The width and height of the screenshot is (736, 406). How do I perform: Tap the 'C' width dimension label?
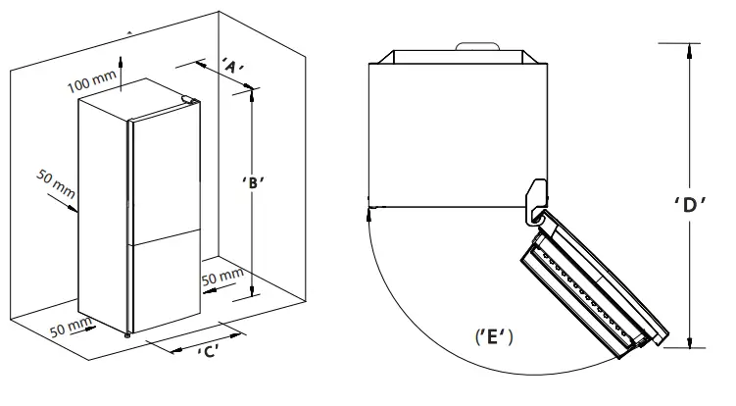point(207,351)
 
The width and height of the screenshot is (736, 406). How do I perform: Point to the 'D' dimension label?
point(692,207)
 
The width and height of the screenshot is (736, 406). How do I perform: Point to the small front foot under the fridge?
point(127,335)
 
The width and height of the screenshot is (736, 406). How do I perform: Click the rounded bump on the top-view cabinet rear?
point(477,46)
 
